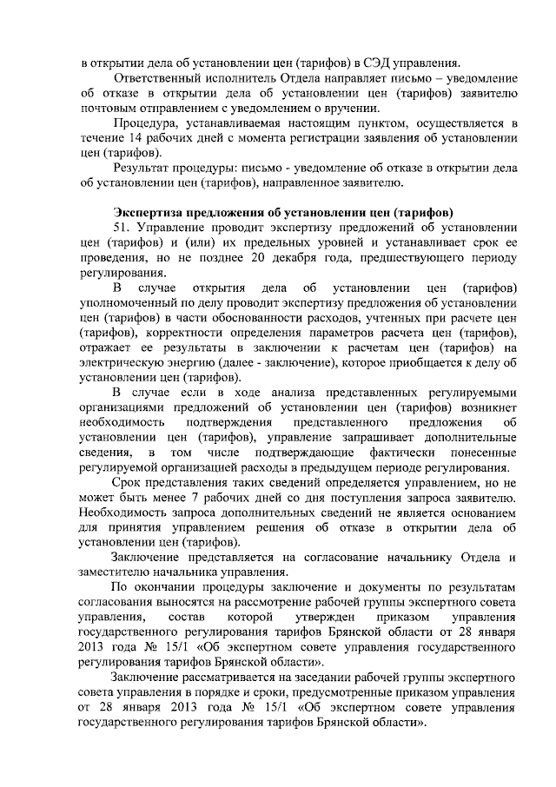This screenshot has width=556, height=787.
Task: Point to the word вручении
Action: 354,108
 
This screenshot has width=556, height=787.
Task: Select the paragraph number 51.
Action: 121,227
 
